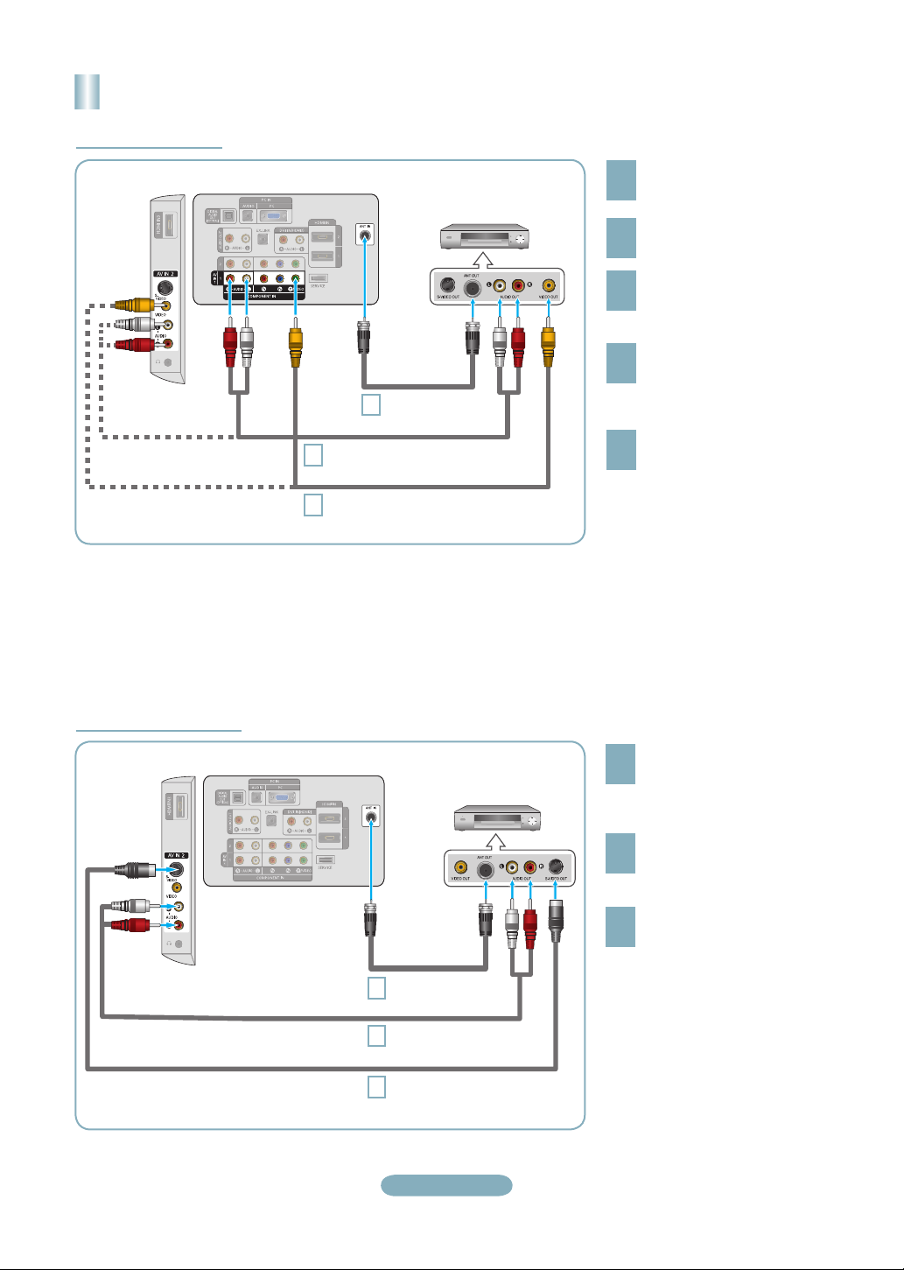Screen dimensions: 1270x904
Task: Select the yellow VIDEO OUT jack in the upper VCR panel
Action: point(549,285)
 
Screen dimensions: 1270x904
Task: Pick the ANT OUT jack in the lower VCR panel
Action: point(486,868)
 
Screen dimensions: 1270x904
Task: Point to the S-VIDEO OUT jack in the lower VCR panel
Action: point(556,868)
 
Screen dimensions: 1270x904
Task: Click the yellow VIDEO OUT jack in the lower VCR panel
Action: point(460,868)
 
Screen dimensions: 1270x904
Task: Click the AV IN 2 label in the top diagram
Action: point(165,274)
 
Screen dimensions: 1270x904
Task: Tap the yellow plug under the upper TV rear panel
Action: point(296,345)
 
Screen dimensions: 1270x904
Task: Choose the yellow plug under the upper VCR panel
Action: point(549,345)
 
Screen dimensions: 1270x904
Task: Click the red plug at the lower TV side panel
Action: point(130,925)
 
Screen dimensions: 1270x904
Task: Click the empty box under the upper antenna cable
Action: point(371,404)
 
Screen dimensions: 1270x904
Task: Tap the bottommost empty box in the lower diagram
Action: point(376,1087)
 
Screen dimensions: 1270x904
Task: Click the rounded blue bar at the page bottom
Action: point(446,1185)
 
